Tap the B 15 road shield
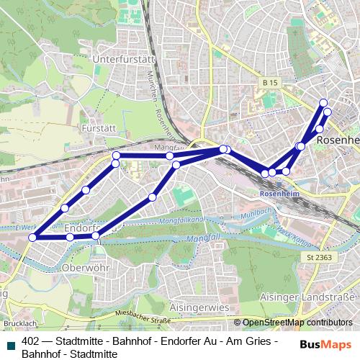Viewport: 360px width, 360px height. tap(270, 84)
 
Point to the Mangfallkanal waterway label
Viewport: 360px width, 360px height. tap(179, 219)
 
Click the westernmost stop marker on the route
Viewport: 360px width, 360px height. tap(32, 237)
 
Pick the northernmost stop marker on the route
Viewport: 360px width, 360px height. tap(323, 102)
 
